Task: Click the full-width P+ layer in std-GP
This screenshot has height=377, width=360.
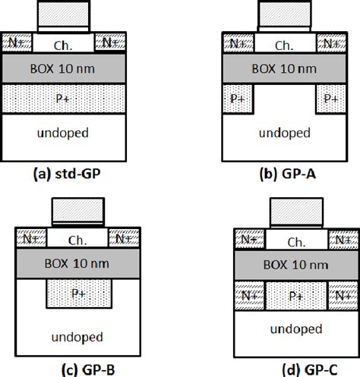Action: tap(63, 99)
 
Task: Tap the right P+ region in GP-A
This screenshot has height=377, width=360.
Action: tap(330, 99)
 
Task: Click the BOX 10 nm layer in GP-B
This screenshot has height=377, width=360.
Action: tap(76, 264)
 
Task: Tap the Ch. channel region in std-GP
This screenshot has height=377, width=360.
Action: tap(63, 45)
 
